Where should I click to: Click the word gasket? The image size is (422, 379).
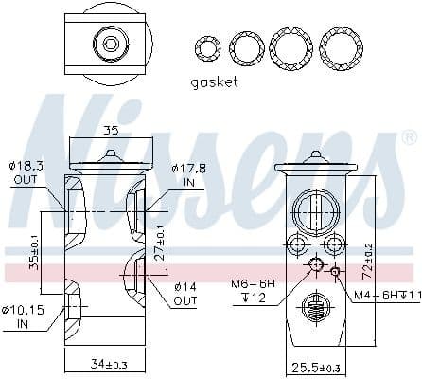tap(214, 81)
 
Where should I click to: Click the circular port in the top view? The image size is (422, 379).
tap(112, 43)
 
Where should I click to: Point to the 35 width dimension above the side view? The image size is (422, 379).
tap(111, 131)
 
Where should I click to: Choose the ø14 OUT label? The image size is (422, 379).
tap(185, 294)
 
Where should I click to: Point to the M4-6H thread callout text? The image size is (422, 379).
tap(383, 295)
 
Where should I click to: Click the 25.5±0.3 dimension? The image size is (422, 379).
tap(313, 367)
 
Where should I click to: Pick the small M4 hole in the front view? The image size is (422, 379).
tap(335, 271)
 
